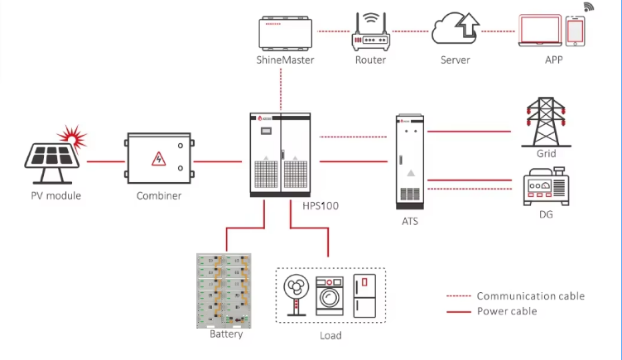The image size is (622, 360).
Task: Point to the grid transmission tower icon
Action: [540, 122]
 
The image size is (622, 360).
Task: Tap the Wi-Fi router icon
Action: [370, 34]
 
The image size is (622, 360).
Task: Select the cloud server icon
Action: [455, 31]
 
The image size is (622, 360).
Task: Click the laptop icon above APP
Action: [540, 31]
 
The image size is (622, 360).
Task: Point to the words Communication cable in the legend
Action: [530, 295]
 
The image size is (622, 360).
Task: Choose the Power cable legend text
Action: [507, 311]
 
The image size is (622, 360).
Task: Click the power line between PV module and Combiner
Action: [104, 161]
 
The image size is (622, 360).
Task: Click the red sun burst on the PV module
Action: [69, 134]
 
